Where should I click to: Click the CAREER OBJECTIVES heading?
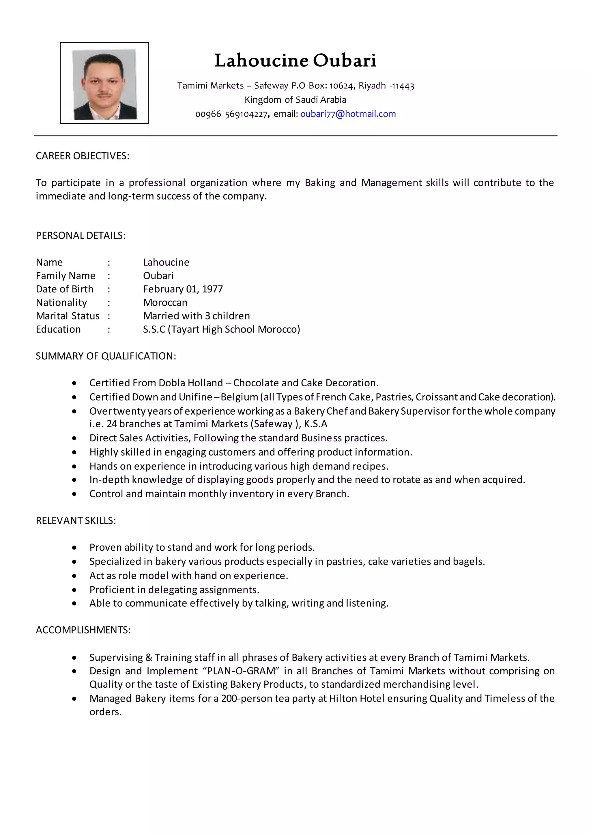pos(82,156)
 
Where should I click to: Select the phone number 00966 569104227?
pos(231,114)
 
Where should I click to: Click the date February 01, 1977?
pos(183,289)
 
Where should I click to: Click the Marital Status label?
pos(68,316)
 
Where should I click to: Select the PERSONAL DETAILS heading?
pos(81,236)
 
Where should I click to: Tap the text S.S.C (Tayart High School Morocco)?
pos(221,330)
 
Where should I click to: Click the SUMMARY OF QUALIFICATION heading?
pos(106,356)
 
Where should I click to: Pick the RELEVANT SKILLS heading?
pos(76,521)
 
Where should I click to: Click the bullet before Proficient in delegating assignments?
pos(74,590)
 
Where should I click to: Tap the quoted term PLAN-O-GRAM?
pos(241,671)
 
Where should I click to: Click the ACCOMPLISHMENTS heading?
pos(83,630)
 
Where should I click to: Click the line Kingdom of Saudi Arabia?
pos(295,100)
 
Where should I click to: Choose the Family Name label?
pos(66,276)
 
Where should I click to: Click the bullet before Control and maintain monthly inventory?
pos(74,494)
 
